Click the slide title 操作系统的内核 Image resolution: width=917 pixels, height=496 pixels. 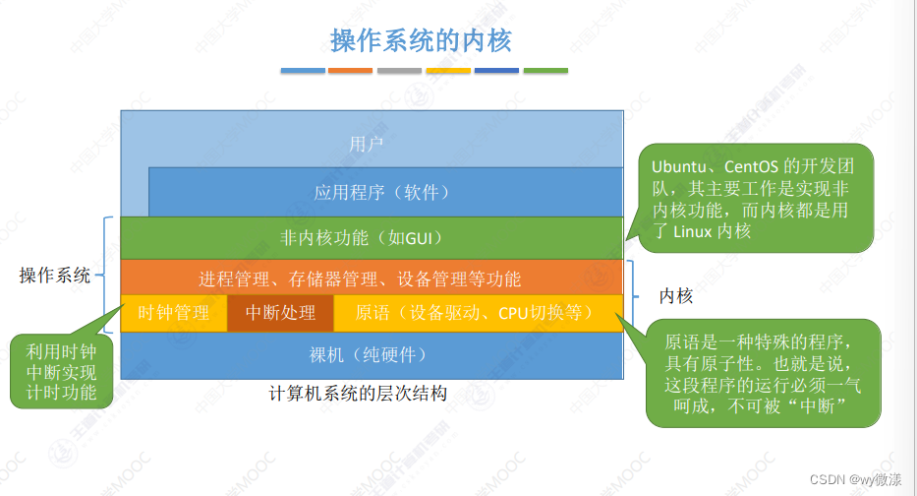point(422,40)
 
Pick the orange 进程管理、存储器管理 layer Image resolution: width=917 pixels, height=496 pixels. point(359,279)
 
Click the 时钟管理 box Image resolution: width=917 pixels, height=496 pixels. point(174,313)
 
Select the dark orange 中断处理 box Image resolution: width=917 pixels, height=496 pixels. point(280,313)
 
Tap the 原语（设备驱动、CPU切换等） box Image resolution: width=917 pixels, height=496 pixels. point(475,313)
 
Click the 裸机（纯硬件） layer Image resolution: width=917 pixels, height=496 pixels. point(369,353)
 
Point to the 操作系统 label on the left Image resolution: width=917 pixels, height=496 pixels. point(55,276)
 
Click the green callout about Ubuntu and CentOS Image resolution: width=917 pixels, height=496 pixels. point(750,197)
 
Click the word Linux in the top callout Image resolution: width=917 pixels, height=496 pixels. point(697,232)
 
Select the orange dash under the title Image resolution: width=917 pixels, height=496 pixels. point(350,71)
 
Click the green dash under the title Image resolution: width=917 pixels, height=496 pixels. point(545,71)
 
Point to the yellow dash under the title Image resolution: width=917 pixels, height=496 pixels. point(447,71)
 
